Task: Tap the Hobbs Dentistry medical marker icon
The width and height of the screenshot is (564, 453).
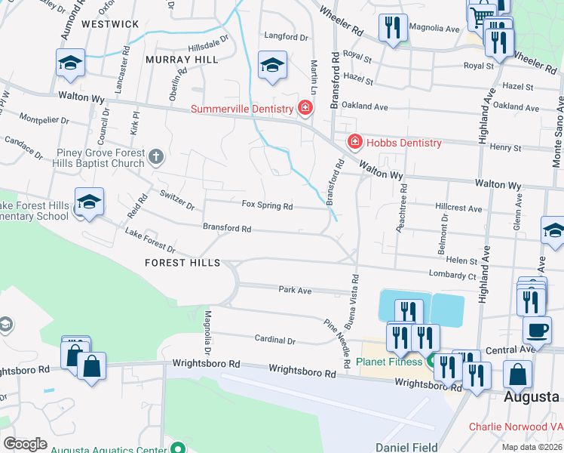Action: [x=354, y=142]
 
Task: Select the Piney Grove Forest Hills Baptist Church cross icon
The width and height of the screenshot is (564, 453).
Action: [x=155, y=157]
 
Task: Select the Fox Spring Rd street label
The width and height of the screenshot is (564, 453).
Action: [x=267, y=205]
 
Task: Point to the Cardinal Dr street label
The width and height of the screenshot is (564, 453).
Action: [x=274, y=341]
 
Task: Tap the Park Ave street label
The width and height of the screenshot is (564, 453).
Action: [x=295, y=290]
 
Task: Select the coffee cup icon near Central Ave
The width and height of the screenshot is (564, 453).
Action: [x=537, y=330]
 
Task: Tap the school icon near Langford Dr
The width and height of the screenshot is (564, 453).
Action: [x=272, y=65]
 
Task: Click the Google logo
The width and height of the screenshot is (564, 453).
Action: [x=26, y=443]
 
